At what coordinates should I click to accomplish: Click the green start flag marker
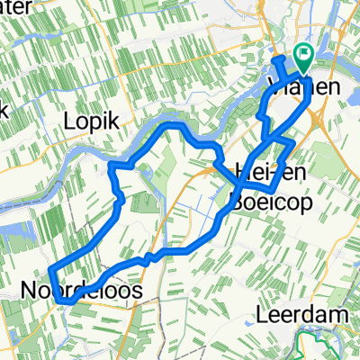click(302, 58)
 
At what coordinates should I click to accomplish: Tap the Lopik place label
click(90, 120)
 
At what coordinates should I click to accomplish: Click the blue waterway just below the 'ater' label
click(36, 34)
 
